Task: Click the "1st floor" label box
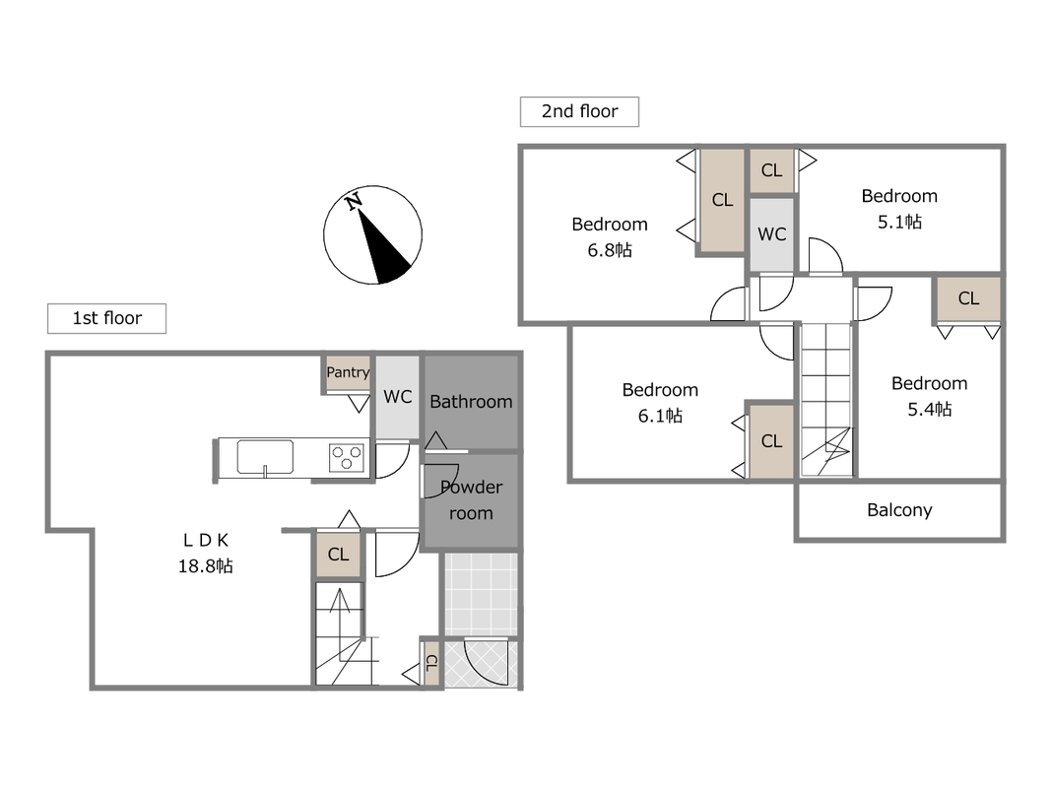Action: (x=106, y=318)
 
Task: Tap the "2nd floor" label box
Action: (x=579, y=111)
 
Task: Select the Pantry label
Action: (x=348, y=372)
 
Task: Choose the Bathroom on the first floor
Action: (x=471, y=401)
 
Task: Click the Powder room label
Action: (x=471, y=499)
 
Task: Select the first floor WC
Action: (x=398, y=397)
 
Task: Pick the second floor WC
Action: (x=771, y=234)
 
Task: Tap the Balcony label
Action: (x=899, y=510)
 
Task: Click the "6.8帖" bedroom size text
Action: (x=610, y=250)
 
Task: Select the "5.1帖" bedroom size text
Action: (x=899, y=222)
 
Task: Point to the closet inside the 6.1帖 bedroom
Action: (x=771, y=441)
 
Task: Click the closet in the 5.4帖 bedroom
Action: (x=968, y=298)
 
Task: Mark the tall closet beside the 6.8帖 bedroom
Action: (x=722, y=200)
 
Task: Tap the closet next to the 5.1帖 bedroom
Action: (x=771, y=170)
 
